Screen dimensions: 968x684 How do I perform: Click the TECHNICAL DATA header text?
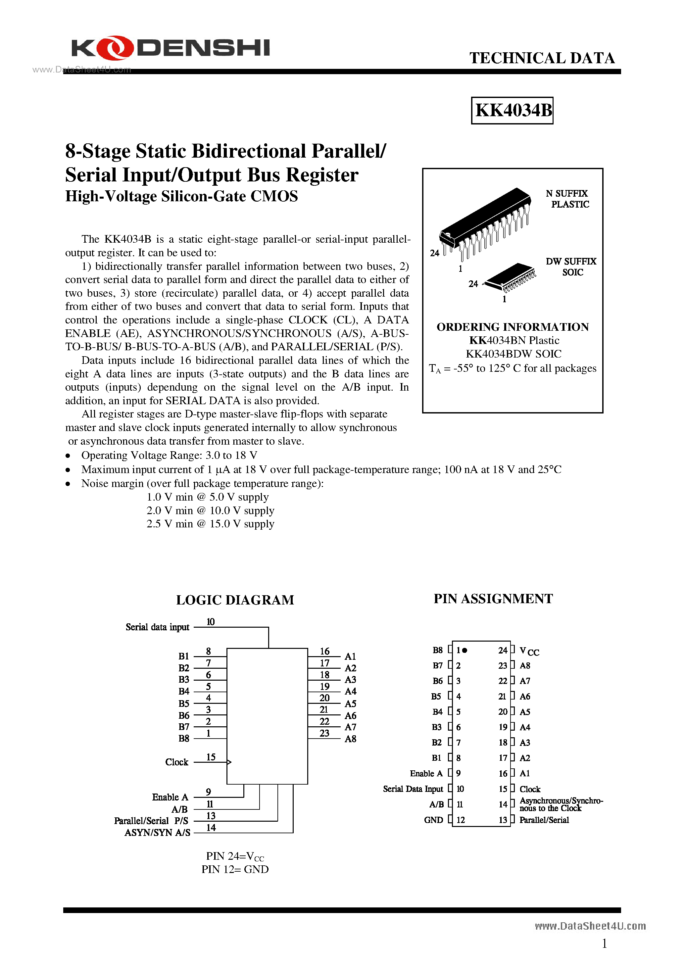point(542,58)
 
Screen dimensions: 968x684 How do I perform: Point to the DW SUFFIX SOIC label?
point(571,267)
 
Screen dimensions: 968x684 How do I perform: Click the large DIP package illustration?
point(485,223)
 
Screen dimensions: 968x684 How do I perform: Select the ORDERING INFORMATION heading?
point(513,327)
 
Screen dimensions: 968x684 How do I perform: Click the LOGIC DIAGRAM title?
point(235,600)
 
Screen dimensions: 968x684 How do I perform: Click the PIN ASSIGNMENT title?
point(493,599)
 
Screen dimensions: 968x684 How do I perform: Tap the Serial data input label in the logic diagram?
point(157,627)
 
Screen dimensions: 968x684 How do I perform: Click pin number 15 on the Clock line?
point(211,757)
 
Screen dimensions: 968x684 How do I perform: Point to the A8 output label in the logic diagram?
point(350,739)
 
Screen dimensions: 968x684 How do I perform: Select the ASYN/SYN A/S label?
point(157,833)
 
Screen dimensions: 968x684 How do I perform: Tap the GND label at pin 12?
point(433,820)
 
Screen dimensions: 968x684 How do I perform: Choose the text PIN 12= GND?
point(235,869)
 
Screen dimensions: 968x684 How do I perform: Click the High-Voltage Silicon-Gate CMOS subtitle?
point(181,196)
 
